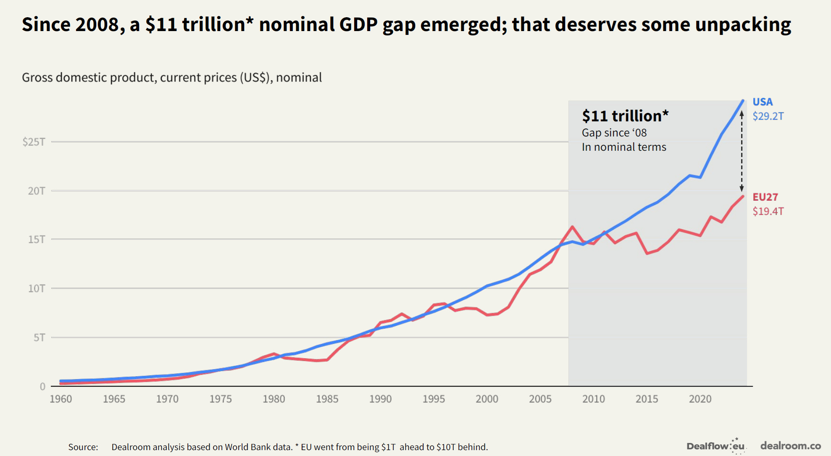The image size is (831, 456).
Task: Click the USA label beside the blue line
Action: point(762,102)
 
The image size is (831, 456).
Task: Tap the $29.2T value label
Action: point(768,116)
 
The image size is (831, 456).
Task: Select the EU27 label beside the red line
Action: point(765,197)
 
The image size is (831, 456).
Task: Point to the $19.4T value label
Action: point(768,211)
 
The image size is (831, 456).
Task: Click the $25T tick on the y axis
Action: point(34,142)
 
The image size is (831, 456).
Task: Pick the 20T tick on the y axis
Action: point(36,191)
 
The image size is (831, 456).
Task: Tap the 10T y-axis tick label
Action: point(36,288)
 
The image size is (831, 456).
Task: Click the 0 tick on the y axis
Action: point(42,387)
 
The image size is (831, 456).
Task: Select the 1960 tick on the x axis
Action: point(61,399)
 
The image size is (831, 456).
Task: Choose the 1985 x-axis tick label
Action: point(327,399)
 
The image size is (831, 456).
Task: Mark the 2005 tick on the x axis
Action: point(540,399)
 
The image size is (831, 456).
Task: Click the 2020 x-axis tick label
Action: point(700,399)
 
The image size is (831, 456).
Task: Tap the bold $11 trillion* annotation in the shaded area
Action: point(625,116)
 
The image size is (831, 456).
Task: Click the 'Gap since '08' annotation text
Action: point(614,133)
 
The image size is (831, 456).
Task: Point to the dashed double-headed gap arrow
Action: point(742,151)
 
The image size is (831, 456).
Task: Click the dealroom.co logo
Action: point(790,446)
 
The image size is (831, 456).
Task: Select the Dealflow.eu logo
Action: point(715,446)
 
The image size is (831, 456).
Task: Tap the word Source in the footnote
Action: point(83,447)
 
